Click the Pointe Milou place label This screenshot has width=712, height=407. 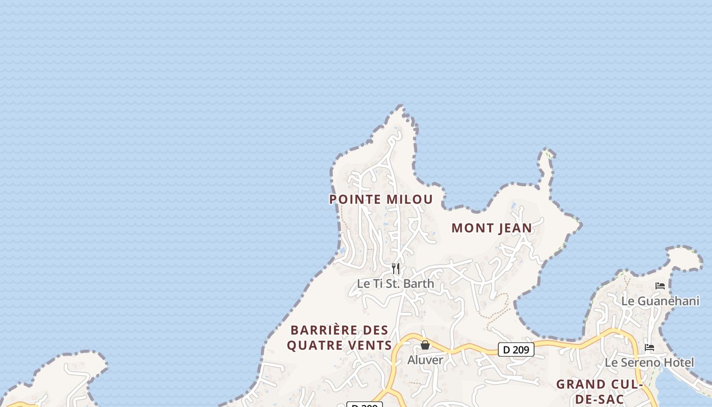[x=381, y=199]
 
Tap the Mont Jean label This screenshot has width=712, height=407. [x=492, y=228]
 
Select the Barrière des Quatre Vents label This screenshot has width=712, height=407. [x=339, y=338]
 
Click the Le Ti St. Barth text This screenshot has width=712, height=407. [x=395, y=283]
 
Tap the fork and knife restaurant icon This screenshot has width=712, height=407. [x=396, y=268]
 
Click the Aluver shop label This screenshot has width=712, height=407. [x=425, y=360]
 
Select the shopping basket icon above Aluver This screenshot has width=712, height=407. [x=425, y=345]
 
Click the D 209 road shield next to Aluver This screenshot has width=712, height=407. [x=516, y=350]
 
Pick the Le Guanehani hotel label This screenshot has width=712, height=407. [x=660, y=301]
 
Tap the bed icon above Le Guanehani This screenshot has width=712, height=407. [x=660, y=286]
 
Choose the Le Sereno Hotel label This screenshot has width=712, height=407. [x=649, y=362]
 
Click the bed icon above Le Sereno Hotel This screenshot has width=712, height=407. [x=649, y=347]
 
